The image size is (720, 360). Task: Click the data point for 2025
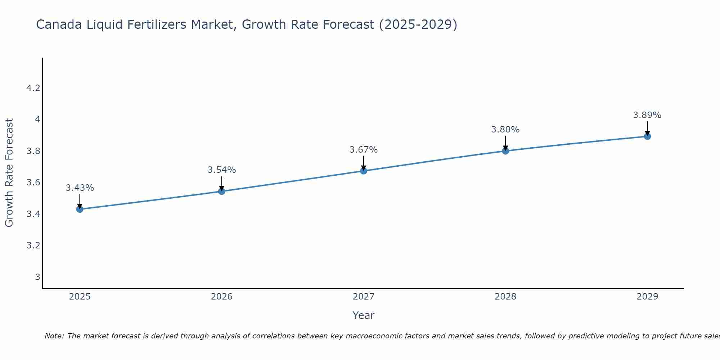(80, 209)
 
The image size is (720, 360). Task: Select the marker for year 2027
(364, 171)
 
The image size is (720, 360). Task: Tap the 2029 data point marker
(647, 136)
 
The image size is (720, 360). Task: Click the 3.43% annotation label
(80, 188)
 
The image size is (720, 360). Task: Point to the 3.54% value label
(221, 170)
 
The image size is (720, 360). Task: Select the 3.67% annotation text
(364, 150)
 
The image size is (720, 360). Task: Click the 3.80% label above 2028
(505, 130)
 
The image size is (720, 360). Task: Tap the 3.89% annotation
(647, 115)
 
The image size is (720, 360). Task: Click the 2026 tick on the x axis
(221, 297)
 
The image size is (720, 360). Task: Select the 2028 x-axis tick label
(505, 297)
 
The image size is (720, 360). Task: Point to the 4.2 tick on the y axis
(33, 88)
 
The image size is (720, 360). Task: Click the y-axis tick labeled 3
(37, 277)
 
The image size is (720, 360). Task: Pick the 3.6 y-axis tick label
(33, 183)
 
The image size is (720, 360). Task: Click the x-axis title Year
(364, 315)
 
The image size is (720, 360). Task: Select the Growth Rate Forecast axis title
(9, 173)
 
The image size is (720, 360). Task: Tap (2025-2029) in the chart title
(418, 25)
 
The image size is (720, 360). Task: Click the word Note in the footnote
(54, 336)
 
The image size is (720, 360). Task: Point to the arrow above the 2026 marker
(221, 183)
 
